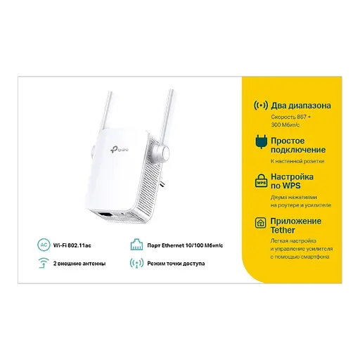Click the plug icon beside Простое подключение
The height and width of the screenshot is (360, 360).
click(x=259, y=143)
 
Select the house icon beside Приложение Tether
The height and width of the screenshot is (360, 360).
click(x=259, y=223)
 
